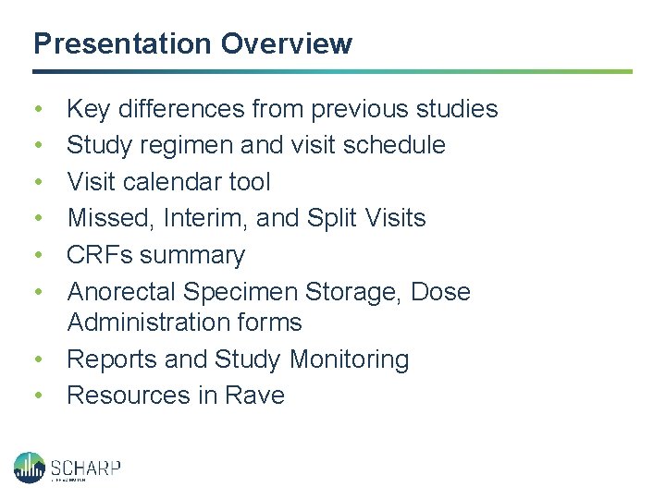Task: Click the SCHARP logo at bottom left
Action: point(67,467)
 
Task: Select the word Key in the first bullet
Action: point(89,109)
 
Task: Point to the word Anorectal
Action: point(122,292)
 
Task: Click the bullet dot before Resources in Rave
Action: point(37,396)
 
